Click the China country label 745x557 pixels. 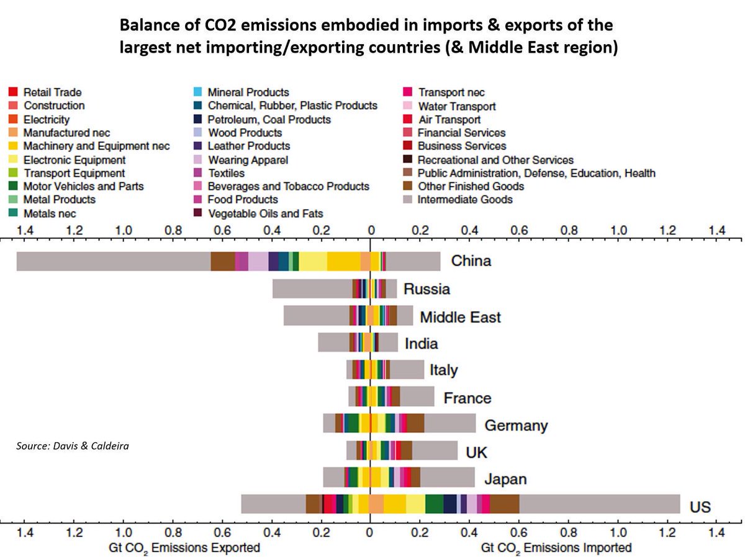pyautogui.click(x=471, y=261)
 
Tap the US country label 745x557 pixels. pyautogui.click(x=700, y=507)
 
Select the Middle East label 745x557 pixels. pyautogui.click(x=460, y=318)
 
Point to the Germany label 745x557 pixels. pyautogui.click(x=516, y=426)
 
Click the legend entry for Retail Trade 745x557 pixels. pyautogui.click(x=52, y=92)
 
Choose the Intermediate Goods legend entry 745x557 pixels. pyautogui.click(x=464, y=200)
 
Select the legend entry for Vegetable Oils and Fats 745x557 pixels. pyautogui.click(x=265, y=213)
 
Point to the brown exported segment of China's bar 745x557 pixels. pyautogui.click(x=222, y=261)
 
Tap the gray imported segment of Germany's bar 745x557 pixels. pyautogui.click(x=450, y=423)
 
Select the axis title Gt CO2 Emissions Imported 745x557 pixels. pyautogui.click(x=556, y=548)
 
